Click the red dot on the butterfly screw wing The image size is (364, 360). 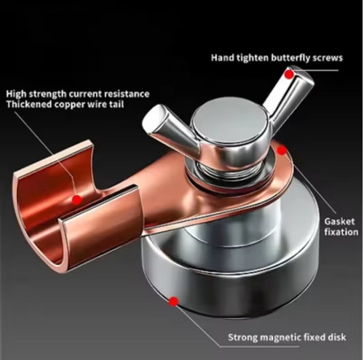tap(289, 73)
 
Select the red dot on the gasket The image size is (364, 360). tap(282, 151)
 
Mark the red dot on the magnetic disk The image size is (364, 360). tap(174, 300)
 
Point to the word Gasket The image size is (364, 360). tap(340, 220)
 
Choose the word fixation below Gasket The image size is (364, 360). tap(340, 232)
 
